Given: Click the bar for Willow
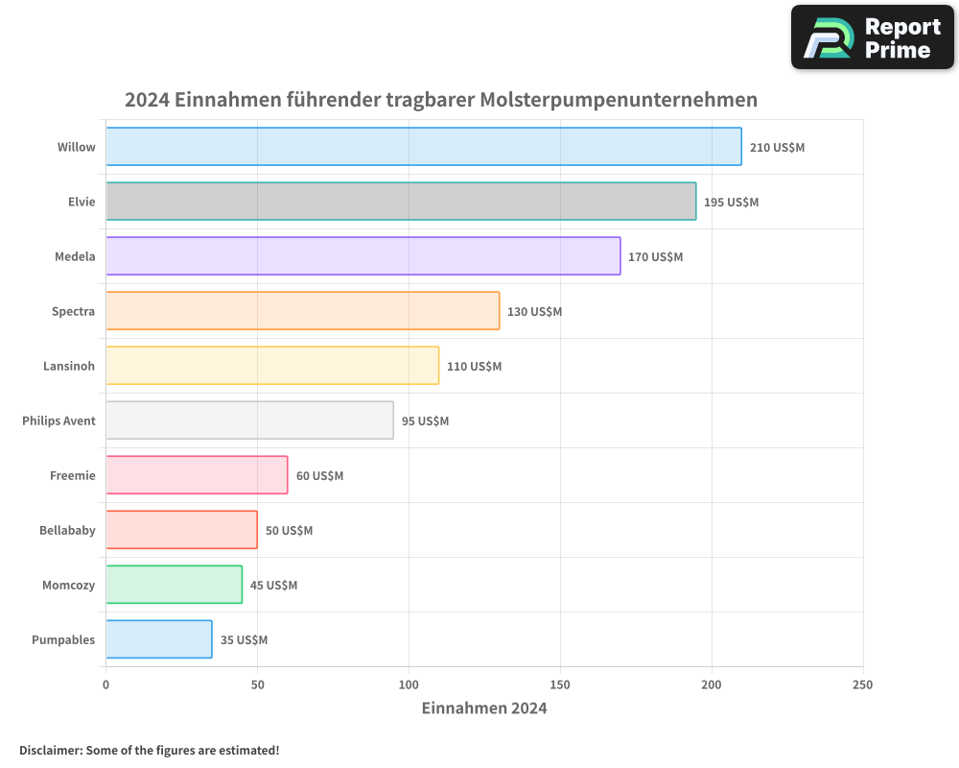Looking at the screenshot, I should [423, 147].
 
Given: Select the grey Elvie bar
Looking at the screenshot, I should [401, 202].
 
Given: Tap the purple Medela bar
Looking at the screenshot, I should [363, 256].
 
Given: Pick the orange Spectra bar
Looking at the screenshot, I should [302, 311].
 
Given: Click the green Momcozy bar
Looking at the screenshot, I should [174, 585].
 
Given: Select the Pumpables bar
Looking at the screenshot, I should [158, 639].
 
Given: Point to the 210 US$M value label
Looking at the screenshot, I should [777, 148].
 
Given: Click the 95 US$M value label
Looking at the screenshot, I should [425, 421].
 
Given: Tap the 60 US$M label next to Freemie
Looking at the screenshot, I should [319, 476].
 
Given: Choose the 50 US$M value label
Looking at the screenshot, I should [289, 531].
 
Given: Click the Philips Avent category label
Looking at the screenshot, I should [58, 420].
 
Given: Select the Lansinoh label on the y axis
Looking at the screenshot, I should [69, 366].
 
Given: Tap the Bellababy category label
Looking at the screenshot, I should [67, 530].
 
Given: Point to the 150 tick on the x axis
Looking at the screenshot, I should [560, 684].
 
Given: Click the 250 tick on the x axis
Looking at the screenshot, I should [862, 684].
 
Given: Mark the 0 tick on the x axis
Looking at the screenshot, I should [105, 684].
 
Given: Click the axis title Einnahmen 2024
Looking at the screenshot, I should [484, 708].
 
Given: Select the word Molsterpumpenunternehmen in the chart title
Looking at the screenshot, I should [619, 100].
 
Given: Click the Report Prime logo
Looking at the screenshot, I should [873, 37].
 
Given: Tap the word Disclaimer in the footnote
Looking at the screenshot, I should [50, 750].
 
